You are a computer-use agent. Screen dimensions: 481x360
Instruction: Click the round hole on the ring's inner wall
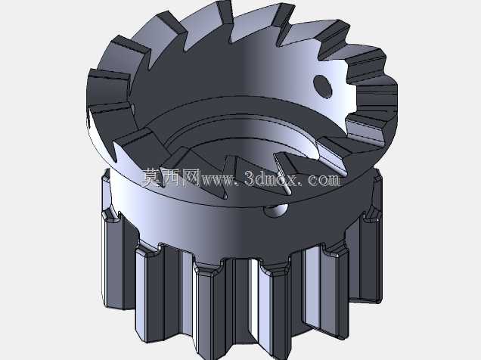click(x=322, y=86)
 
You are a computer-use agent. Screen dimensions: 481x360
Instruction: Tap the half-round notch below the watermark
click(x=276, y=210)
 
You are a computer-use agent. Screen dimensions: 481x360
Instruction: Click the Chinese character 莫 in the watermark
click(x=151, y=178)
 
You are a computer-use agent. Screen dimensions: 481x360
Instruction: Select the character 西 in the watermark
click(x=171, y=178)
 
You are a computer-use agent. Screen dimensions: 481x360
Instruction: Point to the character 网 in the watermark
click(x=191, y=178)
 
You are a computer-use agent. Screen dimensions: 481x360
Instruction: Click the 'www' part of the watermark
click(x=216, y=180)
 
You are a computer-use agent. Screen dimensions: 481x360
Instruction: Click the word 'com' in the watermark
click(x=324, y=180)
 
